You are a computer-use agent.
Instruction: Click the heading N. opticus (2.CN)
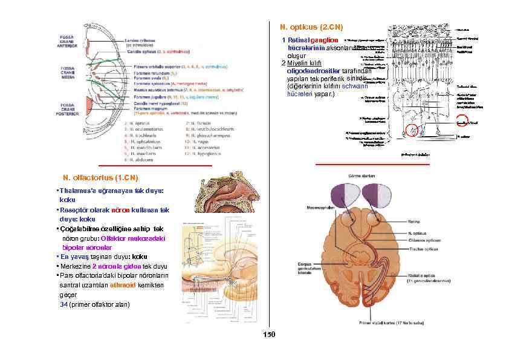coord(311,27)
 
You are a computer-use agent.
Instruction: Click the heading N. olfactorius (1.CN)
coord(100,178)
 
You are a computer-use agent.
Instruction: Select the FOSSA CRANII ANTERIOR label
coord(68,39)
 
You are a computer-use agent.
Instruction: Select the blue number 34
coord(64,304)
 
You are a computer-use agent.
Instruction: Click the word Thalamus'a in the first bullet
coord(77,190)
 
